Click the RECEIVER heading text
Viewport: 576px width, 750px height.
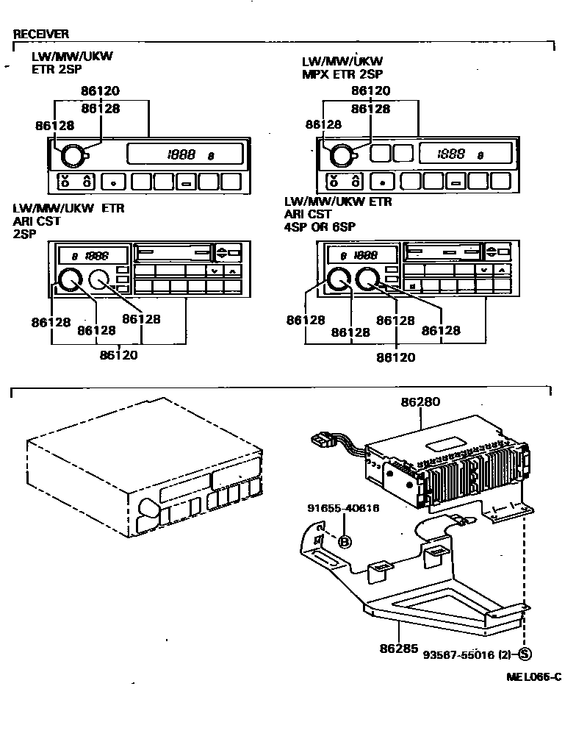point(41,34)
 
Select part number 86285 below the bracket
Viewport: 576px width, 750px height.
point(399,649)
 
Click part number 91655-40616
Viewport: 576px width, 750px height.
point(343,508)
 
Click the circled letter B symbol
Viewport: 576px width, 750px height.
point(344,542)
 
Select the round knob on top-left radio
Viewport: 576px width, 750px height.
point(73,156)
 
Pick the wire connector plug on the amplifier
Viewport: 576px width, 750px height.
point(320,442)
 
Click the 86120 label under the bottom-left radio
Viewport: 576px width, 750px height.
point(119,354)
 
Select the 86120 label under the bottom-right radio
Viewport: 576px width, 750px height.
point(396,357)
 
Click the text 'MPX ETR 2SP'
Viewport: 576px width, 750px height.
point(342,74)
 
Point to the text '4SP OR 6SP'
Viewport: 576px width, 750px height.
point(320,227)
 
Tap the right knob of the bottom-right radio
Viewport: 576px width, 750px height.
point(367,279)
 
